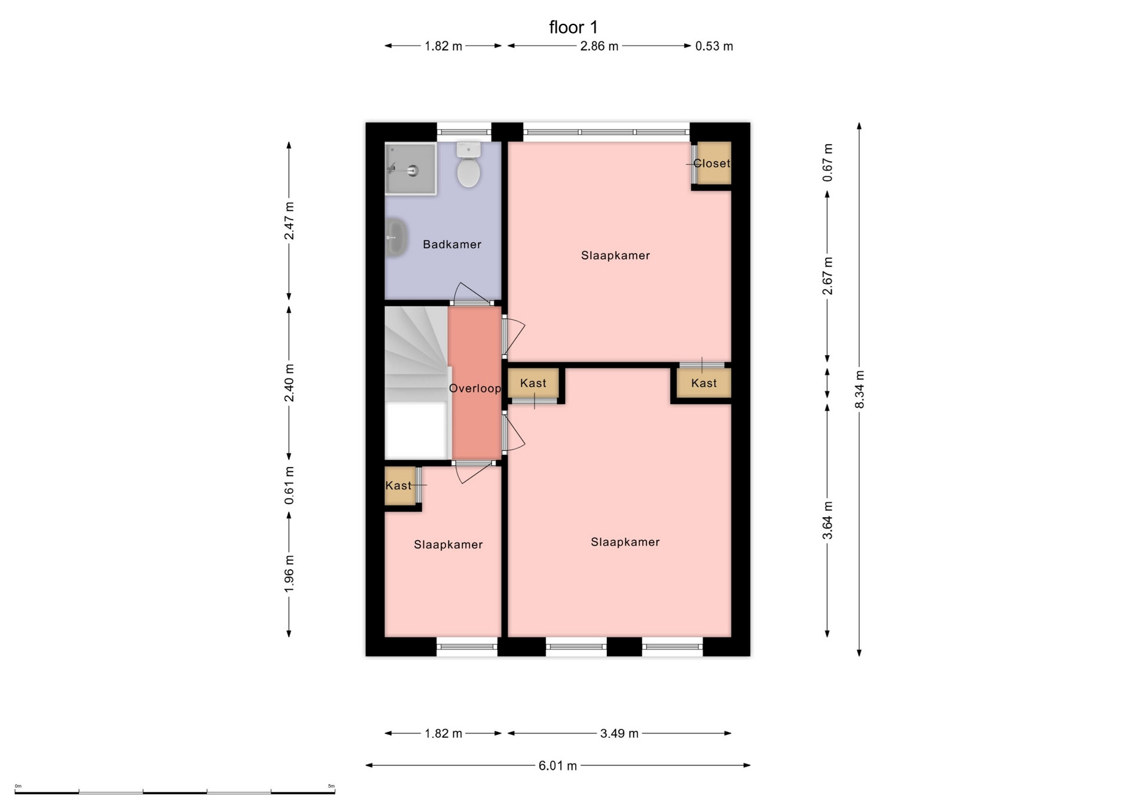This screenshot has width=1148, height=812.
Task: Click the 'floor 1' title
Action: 573,28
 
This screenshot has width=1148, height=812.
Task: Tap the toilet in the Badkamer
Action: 469,164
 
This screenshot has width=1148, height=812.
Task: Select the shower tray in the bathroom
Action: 410,169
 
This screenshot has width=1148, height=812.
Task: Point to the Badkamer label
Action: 452,244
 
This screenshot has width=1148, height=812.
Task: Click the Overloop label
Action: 475,388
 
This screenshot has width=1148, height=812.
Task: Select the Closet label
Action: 712,163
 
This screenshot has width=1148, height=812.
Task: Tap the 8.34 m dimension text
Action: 860,389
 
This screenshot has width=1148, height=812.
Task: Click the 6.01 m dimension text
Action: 558,765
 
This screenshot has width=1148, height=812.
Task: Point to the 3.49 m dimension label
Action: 619,733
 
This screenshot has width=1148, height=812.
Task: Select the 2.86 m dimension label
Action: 599,46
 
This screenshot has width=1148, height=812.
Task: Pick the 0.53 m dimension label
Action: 714,46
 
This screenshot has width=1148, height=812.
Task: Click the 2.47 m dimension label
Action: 289,221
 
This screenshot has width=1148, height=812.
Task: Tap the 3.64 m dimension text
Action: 828,520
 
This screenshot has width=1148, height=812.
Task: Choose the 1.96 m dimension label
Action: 289,574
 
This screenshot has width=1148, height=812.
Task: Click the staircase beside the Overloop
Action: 417,383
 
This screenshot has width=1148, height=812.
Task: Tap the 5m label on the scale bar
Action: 331,786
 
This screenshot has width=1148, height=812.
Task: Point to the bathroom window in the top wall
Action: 464,132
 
